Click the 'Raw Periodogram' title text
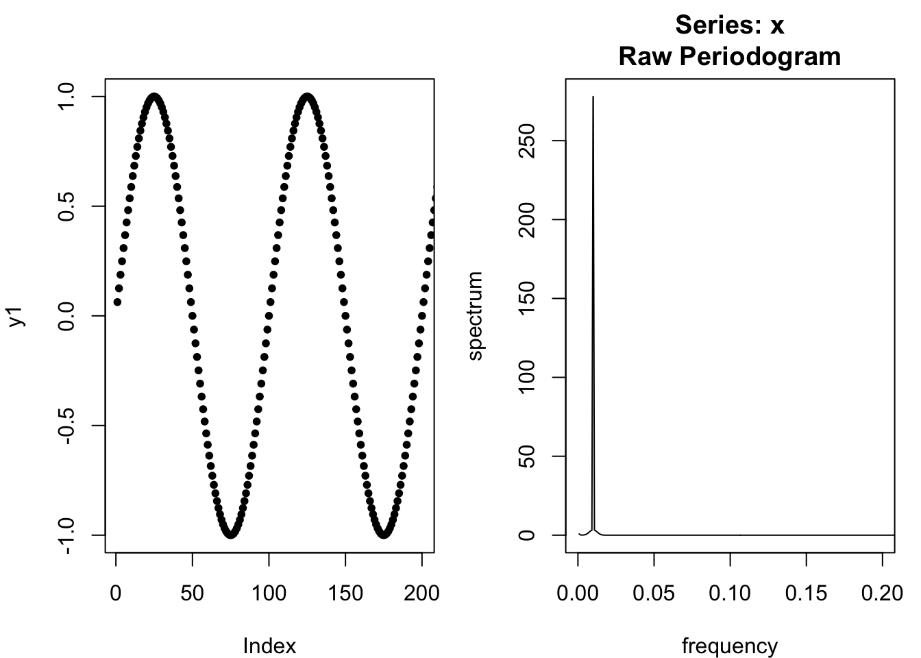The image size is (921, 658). coord(729,56)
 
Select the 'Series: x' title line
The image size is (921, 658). coord(729,25)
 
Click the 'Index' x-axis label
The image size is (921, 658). coord(269,645)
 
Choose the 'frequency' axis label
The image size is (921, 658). coord(729,645)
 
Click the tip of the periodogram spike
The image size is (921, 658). coord(593,97)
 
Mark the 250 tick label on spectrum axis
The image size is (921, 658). coord(526,141)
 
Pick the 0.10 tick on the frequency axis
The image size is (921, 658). coord(730,592)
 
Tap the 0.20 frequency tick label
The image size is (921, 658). coord(883,592)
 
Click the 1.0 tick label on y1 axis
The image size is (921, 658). coord(66,97)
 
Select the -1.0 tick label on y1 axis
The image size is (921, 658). coord(66,535)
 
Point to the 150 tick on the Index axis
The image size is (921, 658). coord(345,592)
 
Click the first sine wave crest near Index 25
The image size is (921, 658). coord(154,97)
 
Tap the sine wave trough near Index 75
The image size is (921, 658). coord(231,534)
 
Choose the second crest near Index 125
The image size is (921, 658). coord(307,97)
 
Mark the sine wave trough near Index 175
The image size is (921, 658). coord(384,534)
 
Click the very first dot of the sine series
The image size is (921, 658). coord(117,302)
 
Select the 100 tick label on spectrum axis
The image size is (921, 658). coord(526,378)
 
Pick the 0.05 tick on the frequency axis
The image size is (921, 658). coord(654,592)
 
